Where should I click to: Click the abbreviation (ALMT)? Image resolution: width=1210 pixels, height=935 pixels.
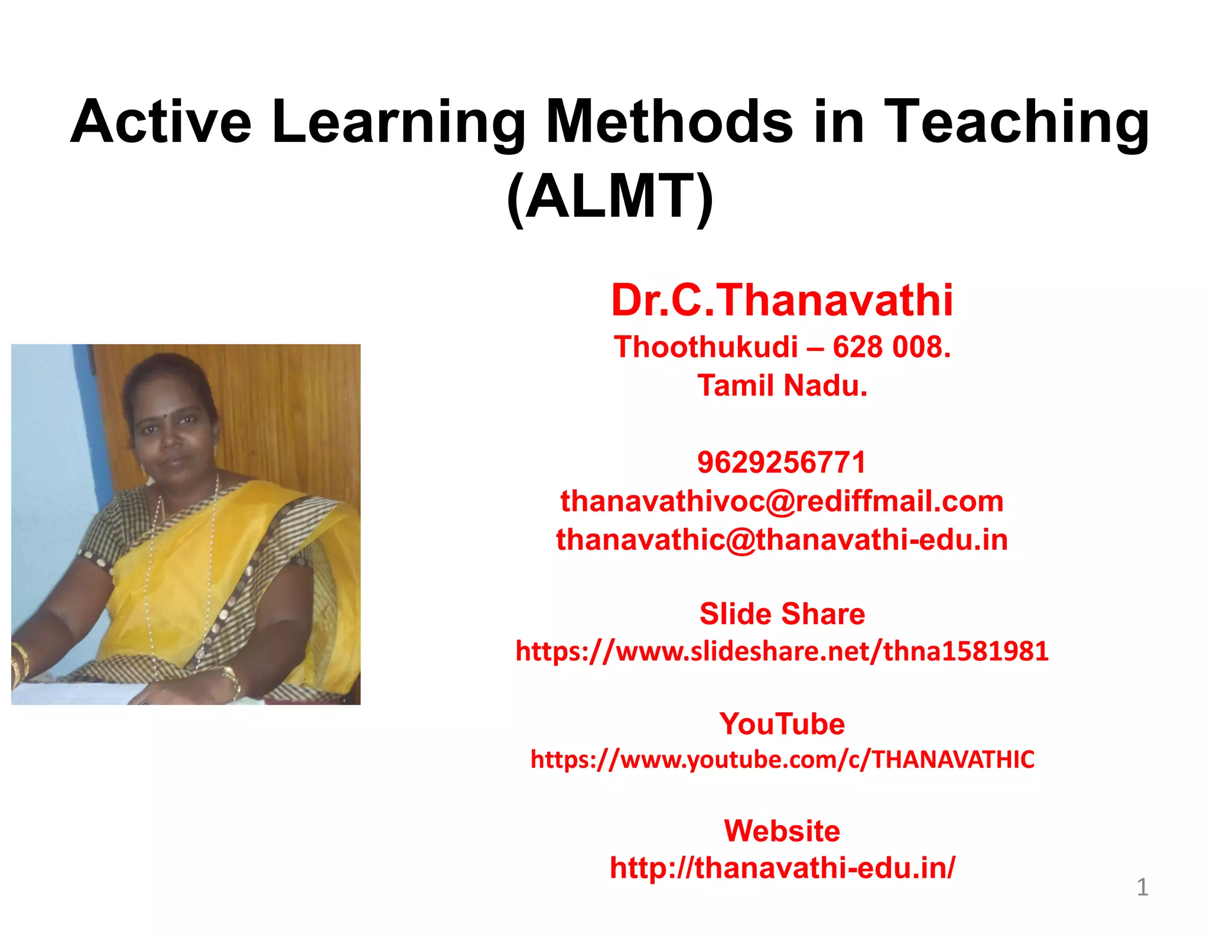point(610,196)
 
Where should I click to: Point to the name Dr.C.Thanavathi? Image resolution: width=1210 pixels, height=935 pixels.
point(782,300)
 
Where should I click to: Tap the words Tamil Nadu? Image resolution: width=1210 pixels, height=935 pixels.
point(782,385)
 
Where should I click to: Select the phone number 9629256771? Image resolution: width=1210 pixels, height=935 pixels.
point(781,462)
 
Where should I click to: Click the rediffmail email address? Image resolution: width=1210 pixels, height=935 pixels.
point(782,501)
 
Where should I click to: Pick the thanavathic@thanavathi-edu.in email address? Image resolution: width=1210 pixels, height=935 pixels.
point(782,540)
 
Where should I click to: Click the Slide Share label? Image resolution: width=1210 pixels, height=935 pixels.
point(782,613)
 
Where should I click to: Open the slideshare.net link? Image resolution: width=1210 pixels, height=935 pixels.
point(782,651)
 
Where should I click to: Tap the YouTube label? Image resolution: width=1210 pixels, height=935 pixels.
point(782,724)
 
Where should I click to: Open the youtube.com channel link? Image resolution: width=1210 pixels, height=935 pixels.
point(782,759)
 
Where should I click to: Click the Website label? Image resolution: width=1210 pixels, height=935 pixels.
point(782,831)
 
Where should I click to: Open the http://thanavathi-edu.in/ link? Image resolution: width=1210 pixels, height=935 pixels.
point(782,868)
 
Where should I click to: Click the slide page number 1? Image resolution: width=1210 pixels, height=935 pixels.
point(1142,887)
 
